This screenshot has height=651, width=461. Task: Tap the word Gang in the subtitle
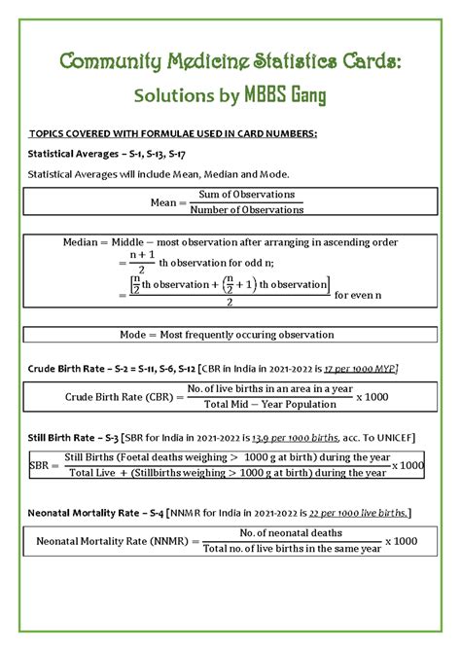point(300,96)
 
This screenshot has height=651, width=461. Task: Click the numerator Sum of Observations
point(247,195)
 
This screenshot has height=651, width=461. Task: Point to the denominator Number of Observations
point(247,209)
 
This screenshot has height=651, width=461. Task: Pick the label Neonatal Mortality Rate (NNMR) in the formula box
point(115,541)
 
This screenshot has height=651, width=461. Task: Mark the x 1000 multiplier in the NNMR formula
point(402,541)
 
